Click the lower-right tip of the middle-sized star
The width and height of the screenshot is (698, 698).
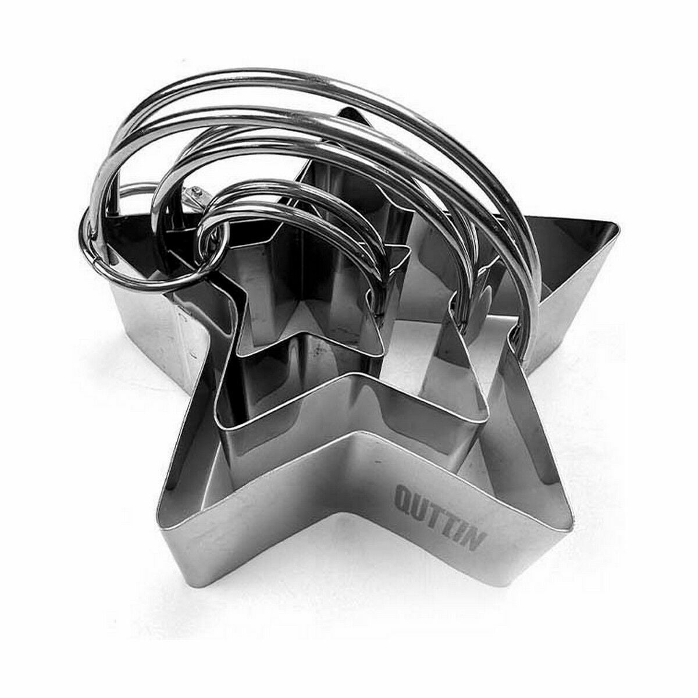485,421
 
